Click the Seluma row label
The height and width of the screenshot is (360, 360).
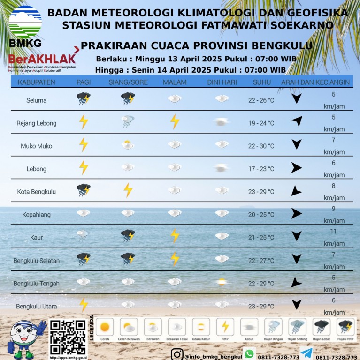(37, 100)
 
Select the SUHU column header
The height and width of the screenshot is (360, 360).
(261, 82)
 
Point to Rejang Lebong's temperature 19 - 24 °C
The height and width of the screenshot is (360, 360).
(261, 123)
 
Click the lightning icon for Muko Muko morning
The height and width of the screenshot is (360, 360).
(84, 144)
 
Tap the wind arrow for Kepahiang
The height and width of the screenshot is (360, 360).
(296, 214)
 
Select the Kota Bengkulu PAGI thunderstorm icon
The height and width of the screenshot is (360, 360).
(84, 190)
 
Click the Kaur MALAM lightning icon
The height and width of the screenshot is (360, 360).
(175, 235)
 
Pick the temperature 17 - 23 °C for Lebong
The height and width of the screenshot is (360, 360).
(261, 169)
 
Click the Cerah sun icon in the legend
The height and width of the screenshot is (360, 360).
(105, 326)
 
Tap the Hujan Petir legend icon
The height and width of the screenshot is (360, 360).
(345, 326)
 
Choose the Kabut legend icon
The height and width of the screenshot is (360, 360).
(249, 326)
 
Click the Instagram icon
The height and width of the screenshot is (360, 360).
(177, 354)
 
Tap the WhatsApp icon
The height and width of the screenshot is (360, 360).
(249, 354)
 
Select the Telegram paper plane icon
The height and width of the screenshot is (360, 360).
(306, 354)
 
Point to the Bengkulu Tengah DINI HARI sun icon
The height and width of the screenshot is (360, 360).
(221, 282)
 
